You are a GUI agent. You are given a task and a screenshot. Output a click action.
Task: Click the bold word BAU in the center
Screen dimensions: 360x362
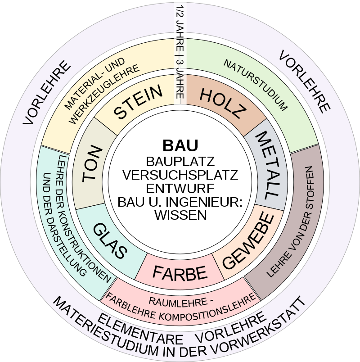(x=180, y=145)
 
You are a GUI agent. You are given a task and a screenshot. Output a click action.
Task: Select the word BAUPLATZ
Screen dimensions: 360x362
(x=180, y=161)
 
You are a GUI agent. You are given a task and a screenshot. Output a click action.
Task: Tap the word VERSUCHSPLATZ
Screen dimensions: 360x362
(x=180, y=175)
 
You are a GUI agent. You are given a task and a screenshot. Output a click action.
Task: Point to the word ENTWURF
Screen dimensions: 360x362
(x=180, y=188)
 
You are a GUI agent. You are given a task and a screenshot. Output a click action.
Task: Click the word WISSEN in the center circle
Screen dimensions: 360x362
(x=180, y=215)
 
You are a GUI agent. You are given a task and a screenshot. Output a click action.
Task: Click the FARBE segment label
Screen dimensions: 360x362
(x=180, y=273)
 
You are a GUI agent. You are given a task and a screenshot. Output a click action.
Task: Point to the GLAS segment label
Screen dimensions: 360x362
(x=110, y=240)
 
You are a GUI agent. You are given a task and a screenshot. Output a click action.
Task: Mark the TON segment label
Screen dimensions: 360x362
(x=92, y=163)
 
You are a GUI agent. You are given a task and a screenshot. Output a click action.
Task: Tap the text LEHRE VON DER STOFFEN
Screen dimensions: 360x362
(x=291, y=221)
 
